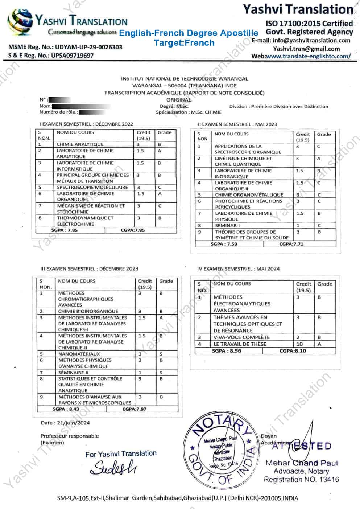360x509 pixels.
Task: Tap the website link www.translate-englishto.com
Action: pyautogui.click(x=308, y=56)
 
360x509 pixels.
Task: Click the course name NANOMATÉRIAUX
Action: pyautogui.click(x=79, y=354)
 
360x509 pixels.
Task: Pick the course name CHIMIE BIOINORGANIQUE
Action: pyautogui.click(x=88, y=311)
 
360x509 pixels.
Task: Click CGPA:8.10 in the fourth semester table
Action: pyautogui.click(x=293, y=351)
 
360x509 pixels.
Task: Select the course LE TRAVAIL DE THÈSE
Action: pyautogui.click(x=240, y=344)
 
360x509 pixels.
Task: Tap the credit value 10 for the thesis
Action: pyautogui.click(x=299, y=344)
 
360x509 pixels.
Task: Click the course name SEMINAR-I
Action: pyautogui.click(x=227, y=225)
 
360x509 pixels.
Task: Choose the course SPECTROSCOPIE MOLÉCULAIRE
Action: pyautogui.click(x=92, y=187)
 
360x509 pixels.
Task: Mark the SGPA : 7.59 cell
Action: pyautogui.click(x=224, y=244)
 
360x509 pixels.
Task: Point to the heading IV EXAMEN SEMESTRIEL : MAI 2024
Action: pyautogui.click(x=238, y=269)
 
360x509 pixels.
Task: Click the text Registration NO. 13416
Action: pyautogui.click(x=301, y=480)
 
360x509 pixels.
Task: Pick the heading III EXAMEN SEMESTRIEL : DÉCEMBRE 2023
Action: pyautogui.click(x=89, y=269)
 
